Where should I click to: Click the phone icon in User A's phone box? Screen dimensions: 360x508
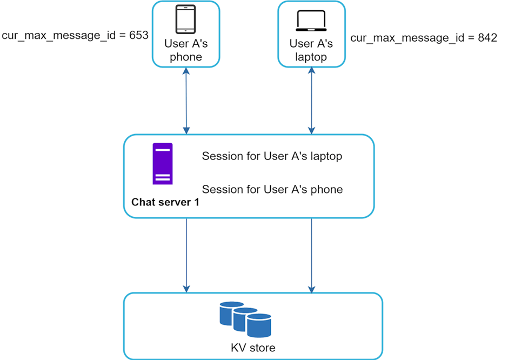185,20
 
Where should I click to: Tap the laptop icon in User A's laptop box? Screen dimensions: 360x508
311,21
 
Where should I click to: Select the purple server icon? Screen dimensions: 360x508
163,164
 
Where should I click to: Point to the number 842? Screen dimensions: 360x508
487,38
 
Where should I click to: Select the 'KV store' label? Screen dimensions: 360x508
253,348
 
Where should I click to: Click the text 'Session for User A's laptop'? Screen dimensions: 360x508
272,156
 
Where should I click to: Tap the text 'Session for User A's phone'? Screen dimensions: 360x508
272,189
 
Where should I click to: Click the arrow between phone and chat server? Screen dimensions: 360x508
186,101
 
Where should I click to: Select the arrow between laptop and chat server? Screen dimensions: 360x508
312,101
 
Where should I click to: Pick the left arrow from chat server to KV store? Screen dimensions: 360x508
186,255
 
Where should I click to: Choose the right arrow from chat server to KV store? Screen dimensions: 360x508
312,255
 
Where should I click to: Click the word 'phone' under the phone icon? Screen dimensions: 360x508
185,57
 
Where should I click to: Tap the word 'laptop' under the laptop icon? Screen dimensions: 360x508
311,57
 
